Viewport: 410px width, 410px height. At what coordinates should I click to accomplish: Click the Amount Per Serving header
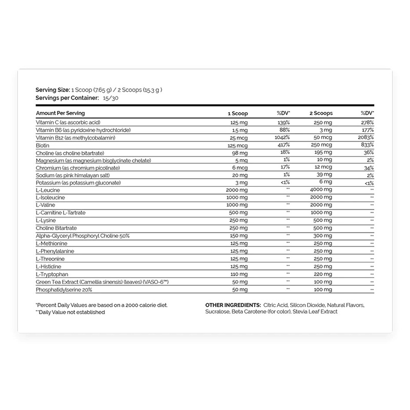pyautogui.click(x=60, y=113)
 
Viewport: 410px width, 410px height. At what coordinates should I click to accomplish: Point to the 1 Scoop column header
pyautogui.click(x=236, y=113)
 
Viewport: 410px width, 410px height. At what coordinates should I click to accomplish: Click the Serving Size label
pyautogui.click(x=53, y=90)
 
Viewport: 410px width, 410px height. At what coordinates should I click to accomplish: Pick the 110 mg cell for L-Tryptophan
pyautogui.click(x=236, y=275)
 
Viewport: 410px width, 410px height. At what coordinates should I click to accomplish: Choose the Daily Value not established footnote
pyautogui.click(x=70, y=312)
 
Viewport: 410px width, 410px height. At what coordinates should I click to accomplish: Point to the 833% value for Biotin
pyautogui.click(x=366, y=145)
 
